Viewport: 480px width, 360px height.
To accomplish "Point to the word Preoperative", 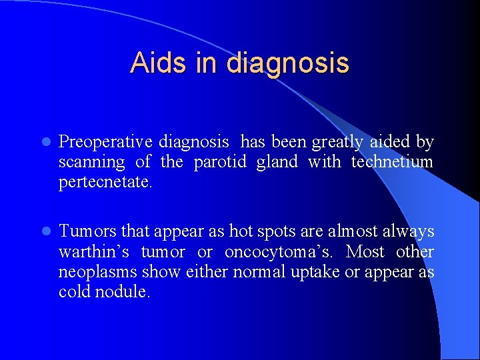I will click(x=105, y=143).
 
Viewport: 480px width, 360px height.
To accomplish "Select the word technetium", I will click(x=392, y=163).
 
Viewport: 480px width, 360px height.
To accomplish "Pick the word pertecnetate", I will click(x=104, y=183).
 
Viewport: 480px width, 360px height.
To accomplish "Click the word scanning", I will click(x=91, y=163).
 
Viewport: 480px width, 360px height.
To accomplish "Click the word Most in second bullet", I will click(x=365, y=252).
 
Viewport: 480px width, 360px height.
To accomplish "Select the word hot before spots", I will click(x=241, y=232).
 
